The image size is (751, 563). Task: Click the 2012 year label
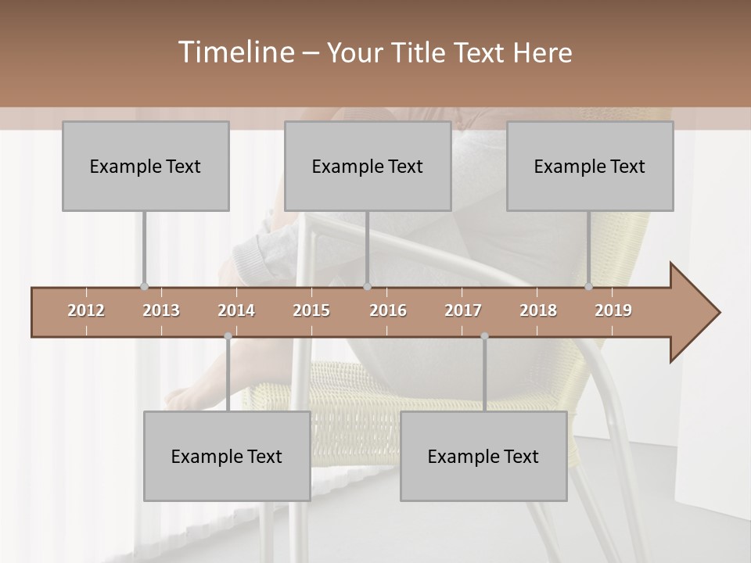(86, 310)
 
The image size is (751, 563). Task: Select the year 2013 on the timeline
(161, 310)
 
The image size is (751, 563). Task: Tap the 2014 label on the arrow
(236, 310)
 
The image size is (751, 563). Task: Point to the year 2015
(311, 310)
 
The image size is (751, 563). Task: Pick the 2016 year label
(388, 310)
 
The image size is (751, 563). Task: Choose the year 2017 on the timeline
(463, 310)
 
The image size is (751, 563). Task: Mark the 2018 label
(538, 310)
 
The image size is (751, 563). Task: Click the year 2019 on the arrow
(613, 310)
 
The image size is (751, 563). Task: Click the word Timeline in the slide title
(235, 52)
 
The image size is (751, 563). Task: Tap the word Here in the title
(543, 53)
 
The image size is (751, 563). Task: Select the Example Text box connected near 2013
(146, 166)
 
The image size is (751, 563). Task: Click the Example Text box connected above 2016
(368, 166)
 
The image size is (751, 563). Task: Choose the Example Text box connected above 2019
(590, 166)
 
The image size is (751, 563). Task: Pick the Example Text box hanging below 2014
(227, 456)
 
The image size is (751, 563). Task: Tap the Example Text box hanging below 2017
(483, 456)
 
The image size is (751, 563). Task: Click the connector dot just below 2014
(228, 336)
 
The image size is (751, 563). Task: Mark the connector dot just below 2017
(484, 336)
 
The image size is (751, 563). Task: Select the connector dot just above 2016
(367, 287)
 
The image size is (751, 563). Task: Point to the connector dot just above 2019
(589, 287)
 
